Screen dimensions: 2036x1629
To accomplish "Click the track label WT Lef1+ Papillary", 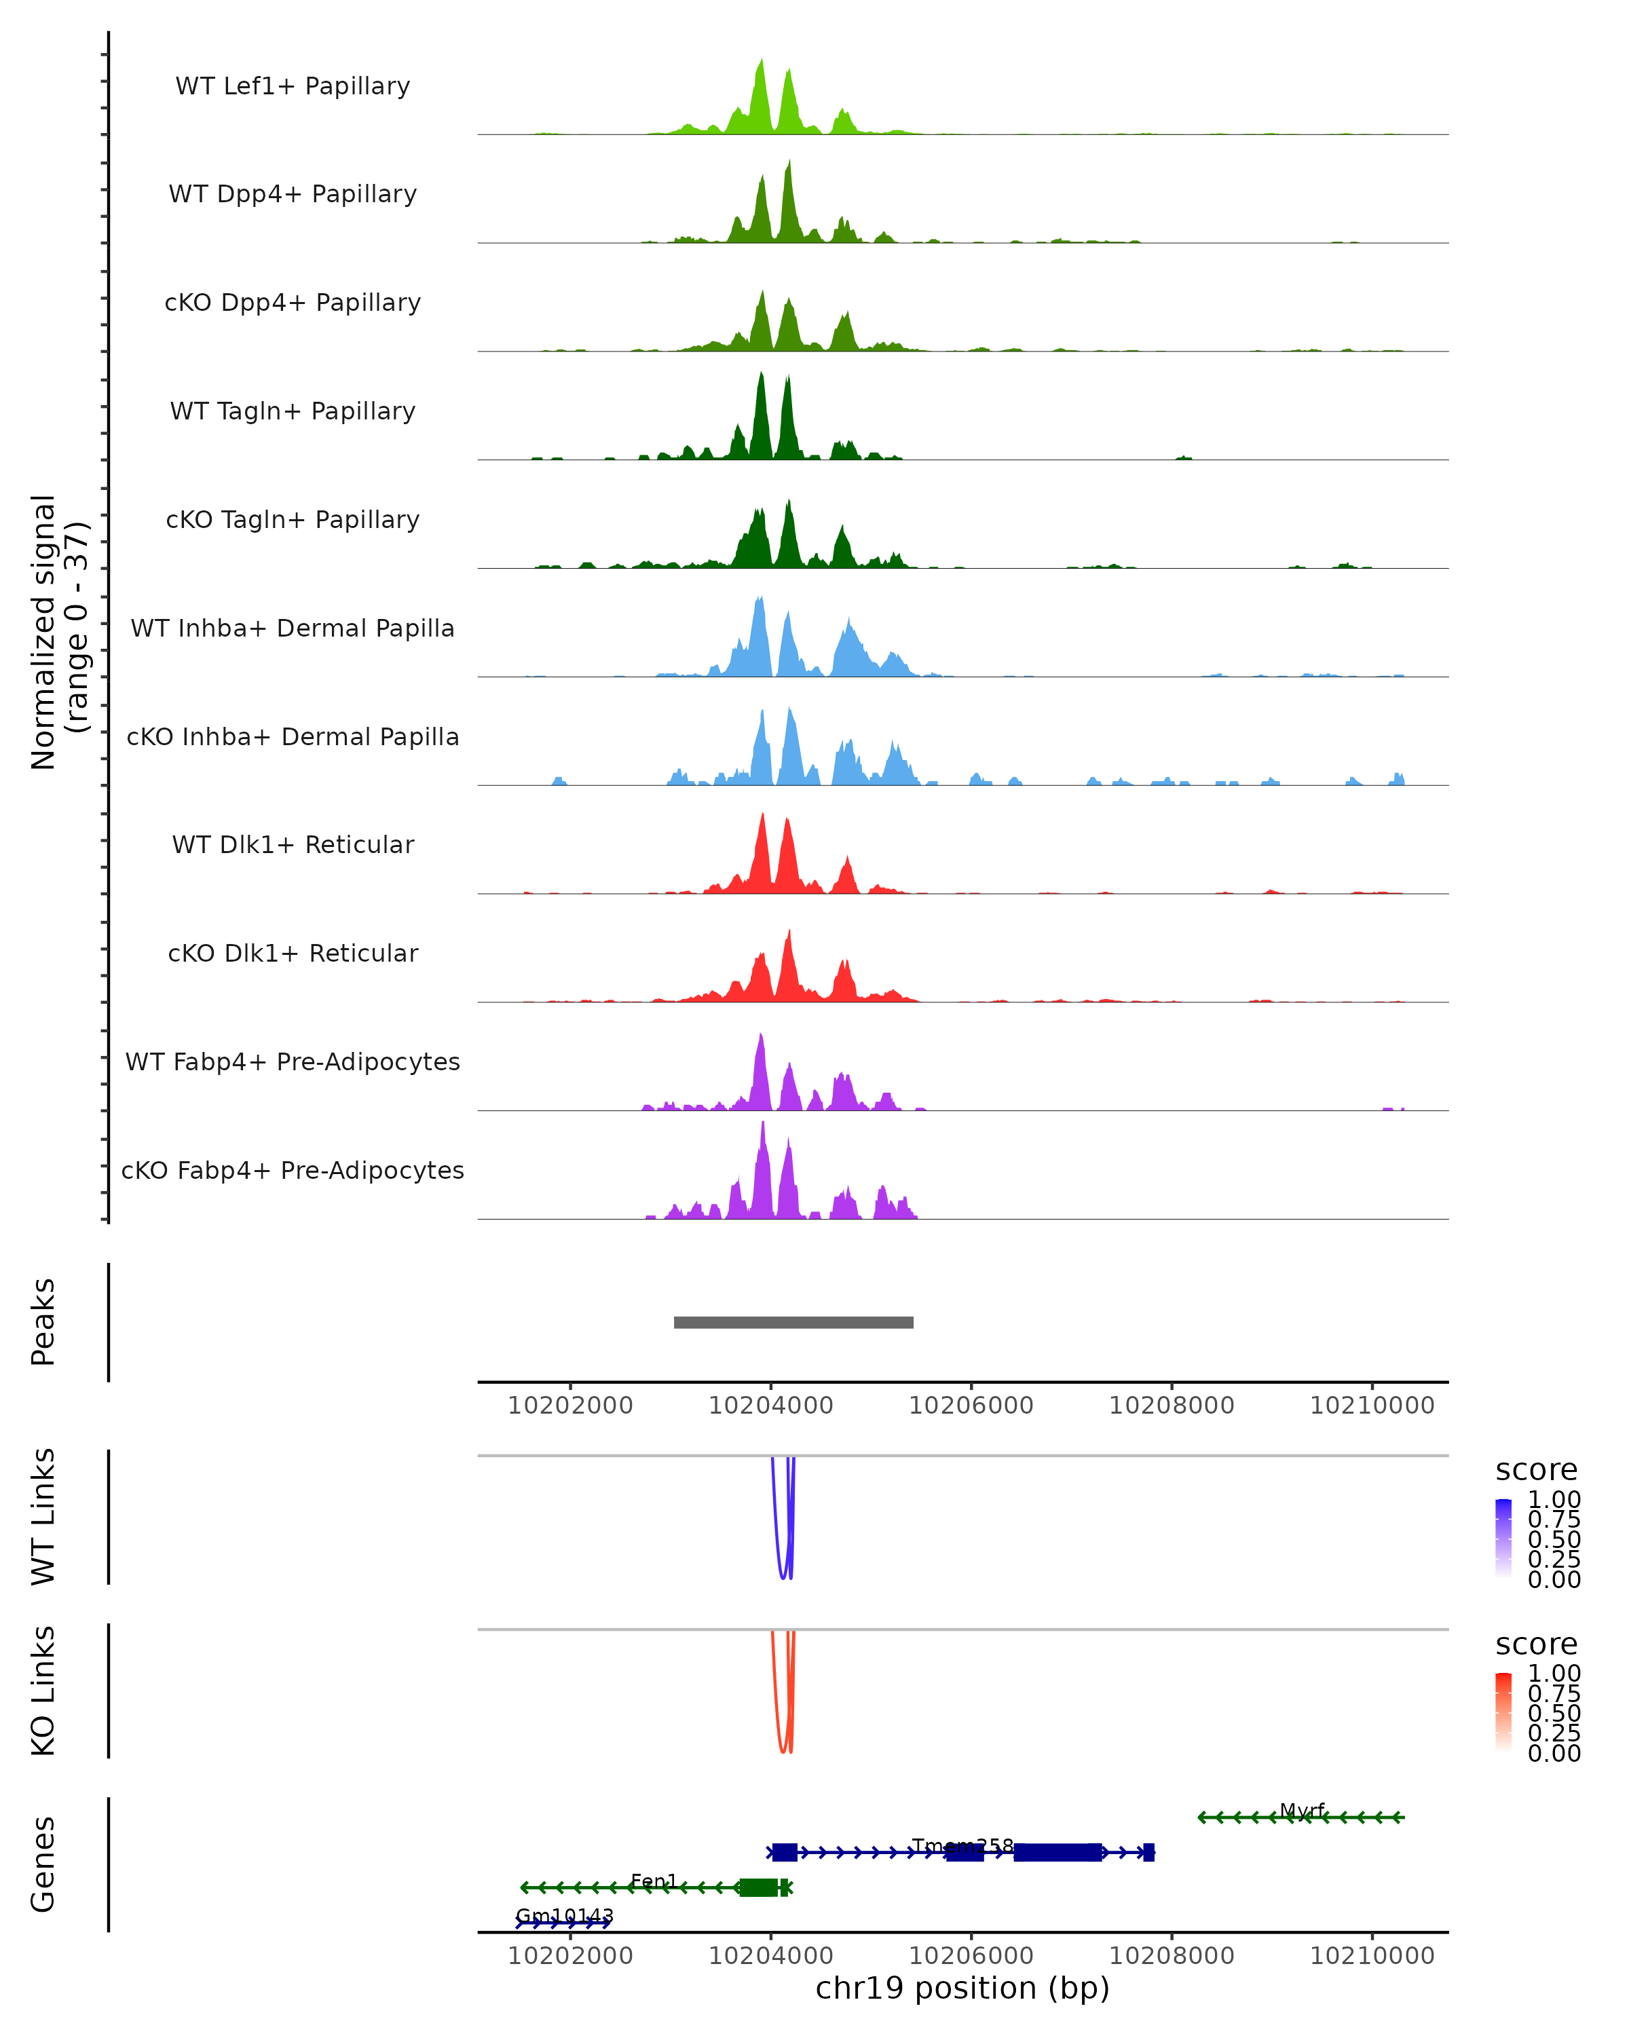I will pos(293,86).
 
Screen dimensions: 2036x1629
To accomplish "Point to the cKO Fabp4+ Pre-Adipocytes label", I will pos(293,1170).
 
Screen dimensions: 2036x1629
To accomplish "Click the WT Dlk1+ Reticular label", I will pos(293,844).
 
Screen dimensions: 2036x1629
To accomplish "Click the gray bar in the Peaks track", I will pos(793,1322).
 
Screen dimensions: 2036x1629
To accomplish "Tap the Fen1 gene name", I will pos(654,1881).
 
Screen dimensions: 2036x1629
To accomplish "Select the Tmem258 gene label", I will pos(962,1846).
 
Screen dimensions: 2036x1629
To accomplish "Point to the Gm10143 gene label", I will pos(565,1916).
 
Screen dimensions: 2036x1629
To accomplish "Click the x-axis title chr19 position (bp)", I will pos(962,1988).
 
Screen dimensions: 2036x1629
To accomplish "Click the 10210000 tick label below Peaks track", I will pos(1372,1406).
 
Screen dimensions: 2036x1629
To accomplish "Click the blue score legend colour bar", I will pos(1503,1539).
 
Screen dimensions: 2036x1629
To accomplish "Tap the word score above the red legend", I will pos(1537,1644).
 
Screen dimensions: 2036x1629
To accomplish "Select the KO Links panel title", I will pos(43,1691).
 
